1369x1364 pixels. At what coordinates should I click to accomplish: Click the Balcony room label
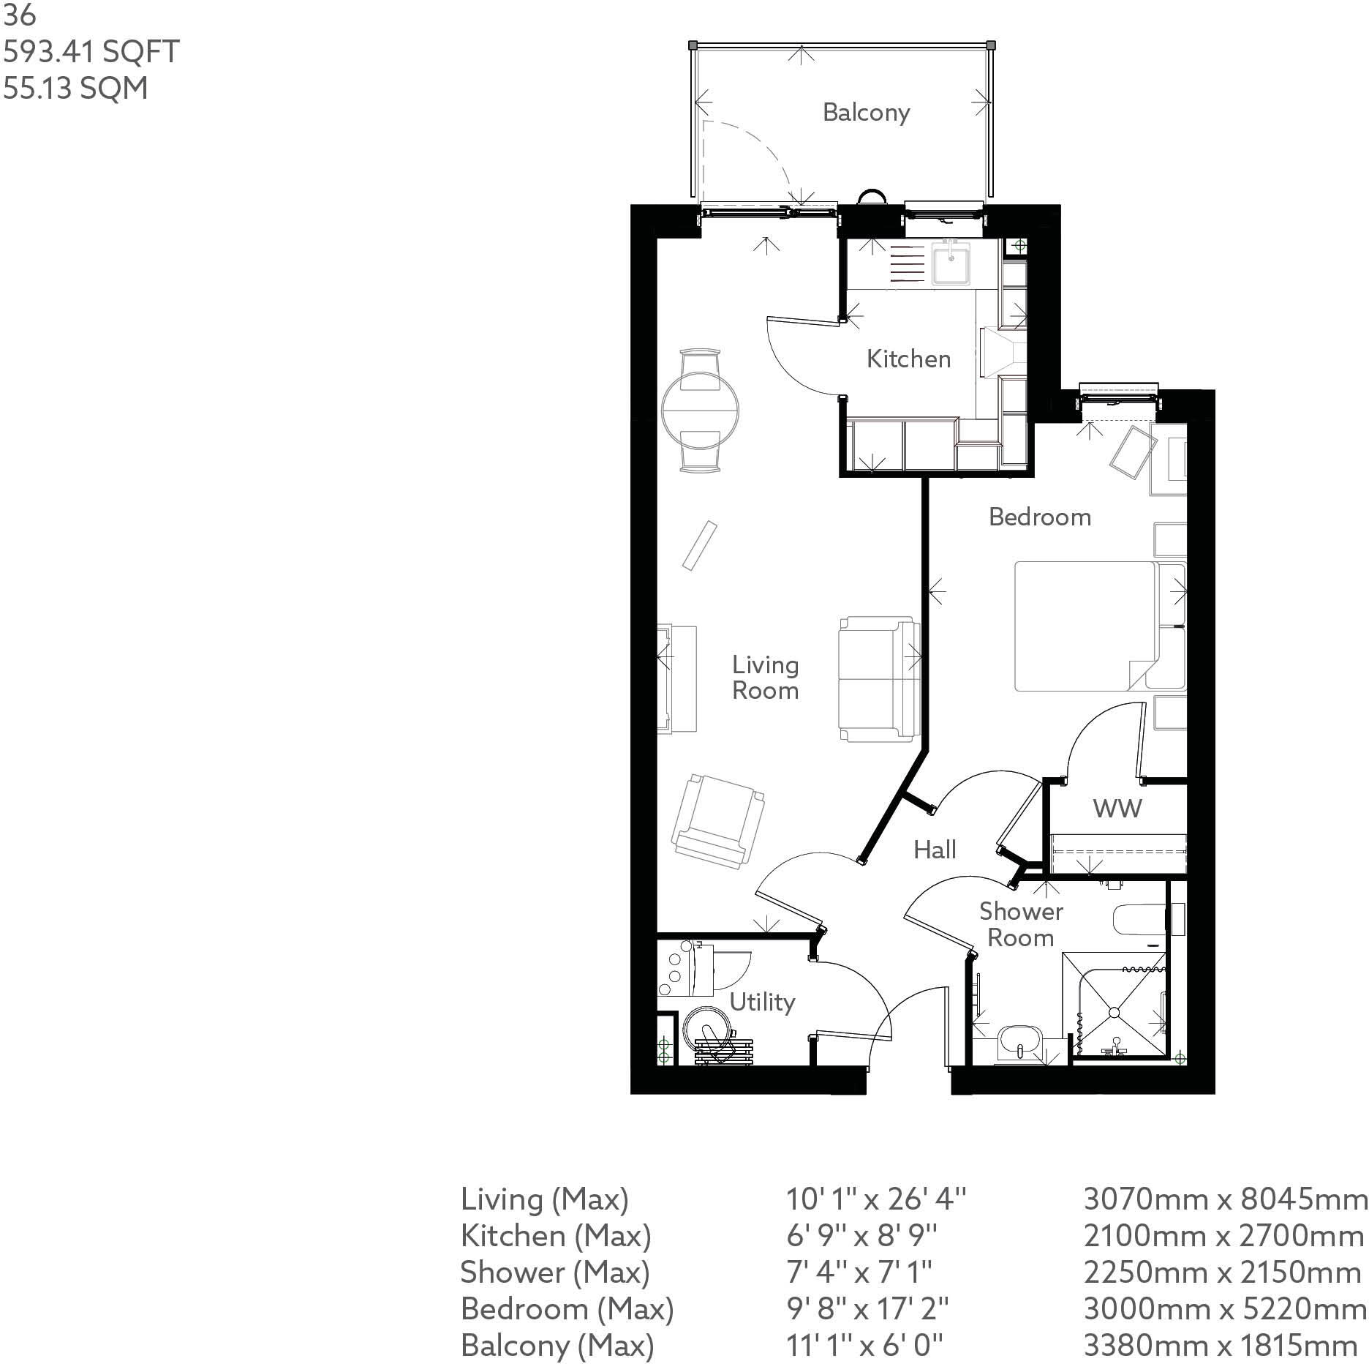pos(866,112)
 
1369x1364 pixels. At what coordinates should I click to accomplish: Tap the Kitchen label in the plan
pos(908,359)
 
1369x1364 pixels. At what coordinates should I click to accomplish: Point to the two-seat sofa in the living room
pos(878,678)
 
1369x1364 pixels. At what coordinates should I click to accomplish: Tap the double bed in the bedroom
pos(1085,626)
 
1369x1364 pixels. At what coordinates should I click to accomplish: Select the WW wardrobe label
pos(1117,808)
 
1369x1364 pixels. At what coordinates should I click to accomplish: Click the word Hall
pos(935,850)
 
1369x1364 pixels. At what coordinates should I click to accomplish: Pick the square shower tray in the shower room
pos(1114,1012)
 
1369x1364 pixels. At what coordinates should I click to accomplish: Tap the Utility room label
pos(762,1002)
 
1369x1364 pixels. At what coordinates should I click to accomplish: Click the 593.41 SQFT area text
pos(91,52)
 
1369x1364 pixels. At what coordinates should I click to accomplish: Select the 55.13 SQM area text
pos(75,88)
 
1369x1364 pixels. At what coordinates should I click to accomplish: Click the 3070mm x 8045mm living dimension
pos(1225,1199)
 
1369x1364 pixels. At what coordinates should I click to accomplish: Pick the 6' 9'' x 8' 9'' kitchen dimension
pos(861,1235)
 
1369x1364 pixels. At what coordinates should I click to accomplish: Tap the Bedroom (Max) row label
pos(567,1308)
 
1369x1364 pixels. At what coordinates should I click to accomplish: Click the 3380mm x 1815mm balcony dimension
pos(1221,1345)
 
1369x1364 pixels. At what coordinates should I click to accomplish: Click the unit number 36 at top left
pos(20,15)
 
